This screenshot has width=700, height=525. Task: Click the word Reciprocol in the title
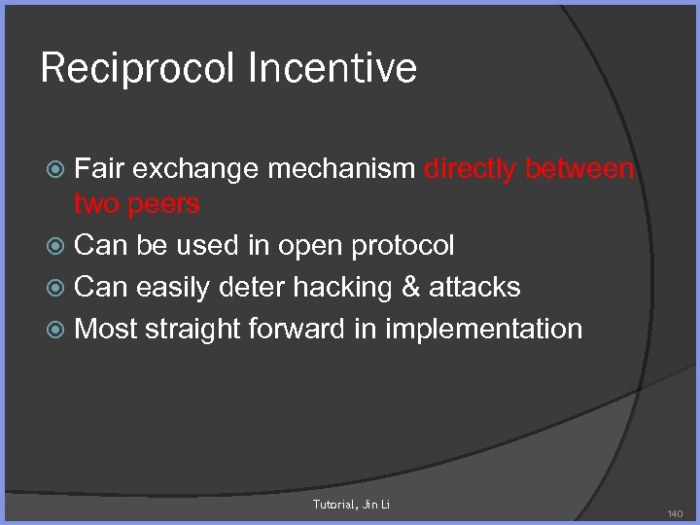pos(137,69)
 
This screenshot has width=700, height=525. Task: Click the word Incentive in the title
pos(332,69)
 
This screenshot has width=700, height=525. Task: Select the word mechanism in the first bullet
pos(341,169)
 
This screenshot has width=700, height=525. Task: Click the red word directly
pos(471,169)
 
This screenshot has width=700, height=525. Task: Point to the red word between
pos(579,169)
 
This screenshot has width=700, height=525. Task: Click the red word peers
pos(164,204)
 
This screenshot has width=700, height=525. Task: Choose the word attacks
pos(475,287)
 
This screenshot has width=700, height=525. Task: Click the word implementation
pos(483,330)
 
